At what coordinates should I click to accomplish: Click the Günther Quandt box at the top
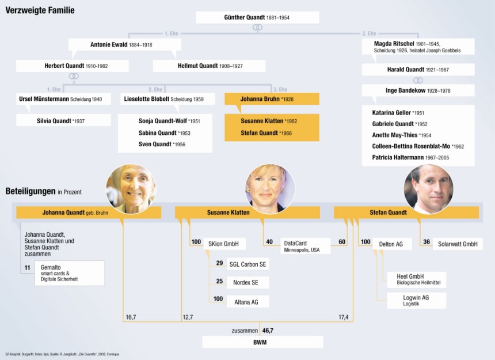tap(257, 18)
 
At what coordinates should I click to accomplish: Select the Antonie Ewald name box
tap(125, 44)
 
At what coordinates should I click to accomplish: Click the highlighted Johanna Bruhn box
tap(272, 99)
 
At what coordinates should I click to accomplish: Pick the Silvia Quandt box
tap(63, 120)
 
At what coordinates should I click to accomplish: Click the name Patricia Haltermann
tap(410, 157)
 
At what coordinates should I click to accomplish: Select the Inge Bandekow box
tap(418, 90)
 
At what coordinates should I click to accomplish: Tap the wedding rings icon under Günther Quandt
tap(258, 28)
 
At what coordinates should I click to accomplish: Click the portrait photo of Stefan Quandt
tap(429, 189)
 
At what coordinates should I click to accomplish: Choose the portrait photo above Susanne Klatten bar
tap(270, 189)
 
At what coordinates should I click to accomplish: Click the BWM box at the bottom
tap(262, 342)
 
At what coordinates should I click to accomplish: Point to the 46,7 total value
tap(268, 331)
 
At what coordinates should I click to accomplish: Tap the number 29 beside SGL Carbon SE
tap(219, 264)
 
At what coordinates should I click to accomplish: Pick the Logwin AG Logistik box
tap(415, 300)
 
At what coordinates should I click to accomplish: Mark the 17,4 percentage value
tap(343, 317)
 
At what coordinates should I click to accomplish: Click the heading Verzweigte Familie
tap(40, 10)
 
